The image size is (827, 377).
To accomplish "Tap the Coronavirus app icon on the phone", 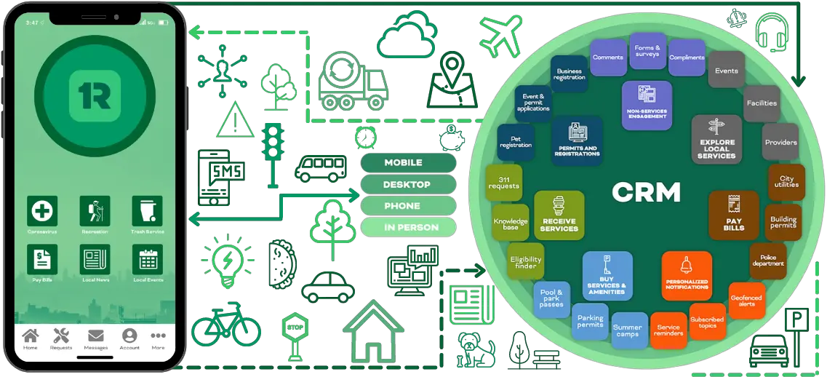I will coord(42,211).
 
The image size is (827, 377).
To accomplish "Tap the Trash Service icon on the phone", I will coord(147,211).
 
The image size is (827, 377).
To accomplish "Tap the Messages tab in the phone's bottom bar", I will coord(96,338).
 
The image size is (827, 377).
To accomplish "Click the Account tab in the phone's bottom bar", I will coord(129,338).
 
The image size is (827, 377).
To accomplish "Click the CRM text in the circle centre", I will coord(646,192).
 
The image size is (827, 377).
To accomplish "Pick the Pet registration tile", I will coord(515,141).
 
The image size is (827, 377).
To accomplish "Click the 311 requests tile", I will coord(503,182).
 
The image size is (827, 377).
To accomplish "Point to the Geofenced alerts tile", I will coord(746,300).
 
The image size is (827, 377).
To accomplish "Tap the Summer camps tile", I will coord(627,330).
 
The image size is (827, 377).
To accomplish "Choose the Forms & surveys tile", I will coord(647,52).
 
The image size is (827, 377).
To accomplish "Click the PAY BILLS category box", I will coord(734,215).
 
